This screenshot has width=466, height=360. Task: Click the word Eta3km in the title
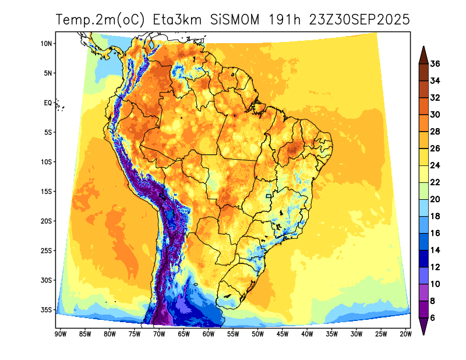[x=177, y=19]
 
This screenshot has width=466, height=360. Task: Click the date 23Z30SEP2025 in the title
[x=360, y=19]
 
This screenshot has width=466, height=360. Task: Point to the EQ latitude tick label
[x=48, y=103]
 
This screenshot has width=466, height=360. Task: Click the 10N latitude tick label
[x=47, y=44]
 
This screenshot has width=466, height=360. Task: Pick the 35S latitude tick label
[x=47, y=310]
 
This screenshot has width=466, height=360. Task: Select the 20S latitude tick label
[x=47, y=221]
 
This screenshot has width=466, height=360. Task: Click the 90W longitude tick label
[x=59, y=334]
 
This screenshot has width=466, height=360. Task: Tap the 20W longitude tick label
[x=406, y=334]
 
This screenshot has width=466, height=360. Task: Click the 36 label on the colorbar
[x=435, y=64]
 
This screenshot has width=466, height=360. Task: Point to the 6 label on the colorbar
[x=433, y=318]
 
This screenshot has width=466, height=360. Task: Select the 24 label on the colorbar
[x=435, y=165]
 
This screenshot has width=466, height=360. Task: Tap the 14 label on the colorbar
[x=435, y=250]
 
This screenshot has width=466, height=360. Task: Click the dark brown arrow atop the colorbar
[x=423, y=54]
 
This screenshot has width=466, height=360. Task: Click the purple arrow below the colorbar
[x=423, y=327]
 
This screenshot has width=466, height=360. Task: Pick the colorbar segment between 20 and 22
[x=423, y=191]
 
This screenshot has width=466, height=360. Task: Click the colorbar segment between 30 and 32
[x=423, y=106]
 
